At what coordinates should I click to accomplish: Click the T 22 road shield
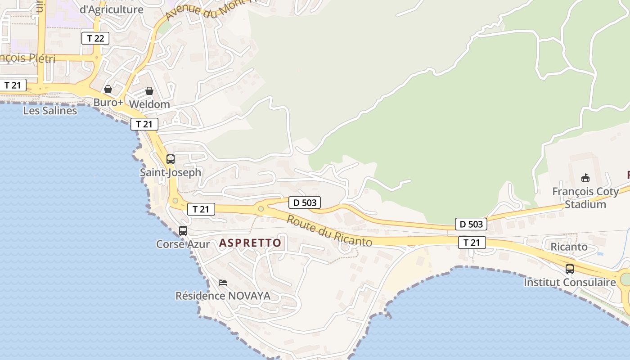(95, 38)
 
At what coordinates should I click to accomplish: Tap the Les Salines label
(50, 110)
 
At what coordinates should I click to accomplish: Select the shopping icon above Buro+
(108, 89)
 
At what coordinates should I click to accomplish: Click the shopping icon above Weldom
(149, 91)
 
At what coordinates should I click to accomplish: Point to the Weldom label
(149, 104)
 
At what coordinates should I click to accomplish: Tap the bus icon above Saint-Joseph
(171, 159)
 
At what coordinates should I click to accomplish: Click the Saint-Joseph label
(171, 172)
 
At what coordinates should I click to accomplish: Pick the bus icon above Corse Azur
(183, 231)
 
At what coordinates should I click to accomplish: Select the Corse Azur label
(183, 244)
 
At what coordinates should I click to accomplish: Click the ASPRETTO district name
(250, 243)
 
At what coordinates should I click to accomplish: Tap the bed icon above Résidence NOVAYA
(223, 283)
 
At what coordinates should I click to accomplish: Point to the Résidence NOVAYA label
(223, 296)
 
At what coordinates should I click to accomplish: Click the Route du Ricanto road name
(329, 230)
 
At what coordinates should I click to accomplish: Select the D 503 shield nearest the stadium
(471, 224)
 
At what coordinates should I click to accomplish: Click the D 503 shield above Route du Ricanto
(305, 202)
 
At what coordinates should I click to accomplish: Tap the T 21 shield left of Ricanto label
(472, 243)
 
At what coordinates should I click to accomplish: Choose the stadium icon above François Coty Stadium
(585, 178)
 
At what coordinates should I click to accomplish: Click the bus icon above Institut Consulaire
(570, 269)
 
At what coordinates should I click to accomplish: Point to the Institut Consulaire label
(570, 283)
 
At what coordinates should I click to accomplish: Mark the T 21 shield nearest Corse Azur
(201, 209)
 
